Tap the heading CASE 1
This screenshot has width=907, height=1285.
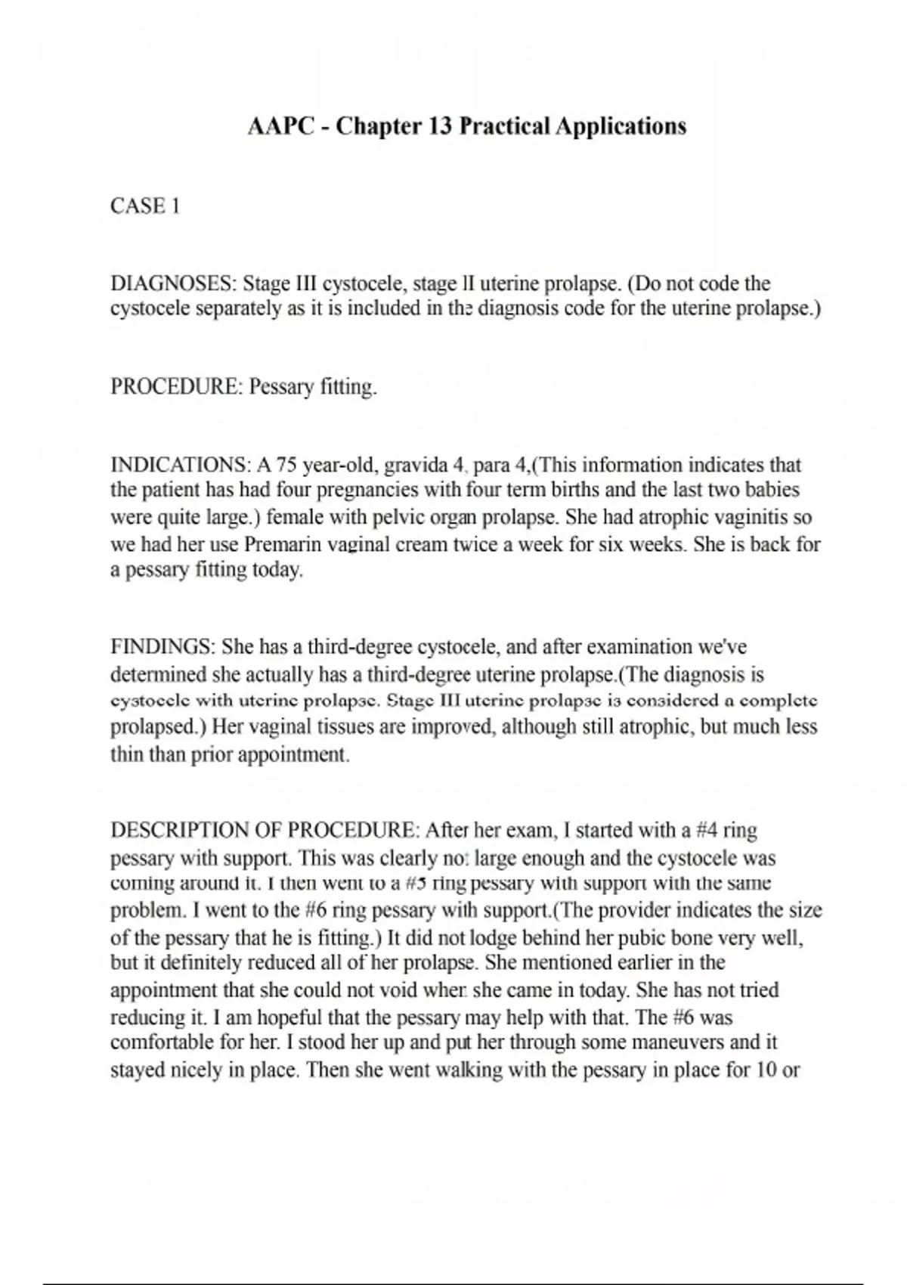tap(145, 206)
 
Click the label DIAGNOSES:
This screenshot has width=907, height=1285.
tap(174, 284)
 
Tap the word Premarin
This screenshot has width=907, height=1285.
tap(281, 544)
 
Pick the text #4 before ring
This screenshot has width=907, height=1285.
tap(705, 830)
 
